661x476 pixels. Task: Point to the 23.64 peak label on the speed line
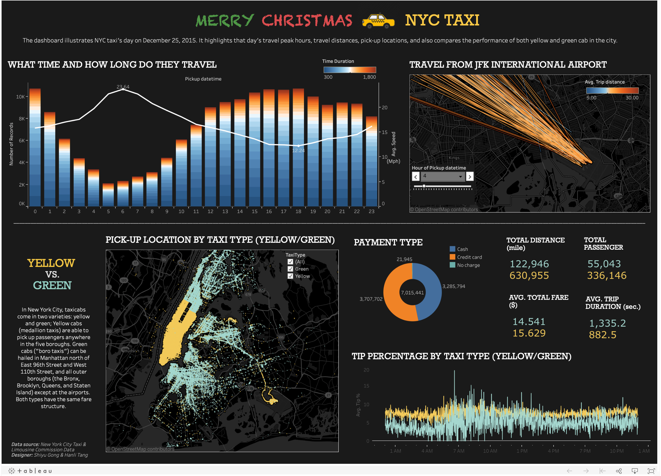coord(123,87)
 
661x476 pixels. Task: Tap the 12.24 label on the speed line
coord(298,151)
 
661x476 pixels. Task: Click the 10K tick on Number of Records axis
coord(20,97)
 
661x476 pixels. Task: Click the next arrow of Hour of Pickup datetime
coord(469,177)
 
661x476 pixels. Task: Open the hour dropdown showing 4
coord(442,176)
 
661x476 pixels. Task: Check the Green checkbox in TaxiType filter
coord(290,269)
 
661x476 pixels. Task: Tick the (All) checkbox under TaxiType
coord(290,262)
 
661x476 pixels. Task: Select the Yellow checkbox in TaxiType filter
coord(290,276)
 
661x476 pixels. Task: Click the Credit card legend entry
coord(469,257)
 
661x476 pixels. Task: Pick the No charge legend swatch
coord(452,265)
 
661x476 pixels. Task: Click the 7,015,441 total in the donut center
coord(412,293)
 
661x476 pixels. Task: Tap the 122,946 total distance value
coord(529,264)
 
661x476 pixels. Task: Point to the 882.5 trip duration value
coord(602,335)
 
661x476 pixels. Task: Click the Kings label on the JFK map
coord(454,158)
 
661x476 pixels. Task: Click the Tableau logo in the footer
coord(30,471)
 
